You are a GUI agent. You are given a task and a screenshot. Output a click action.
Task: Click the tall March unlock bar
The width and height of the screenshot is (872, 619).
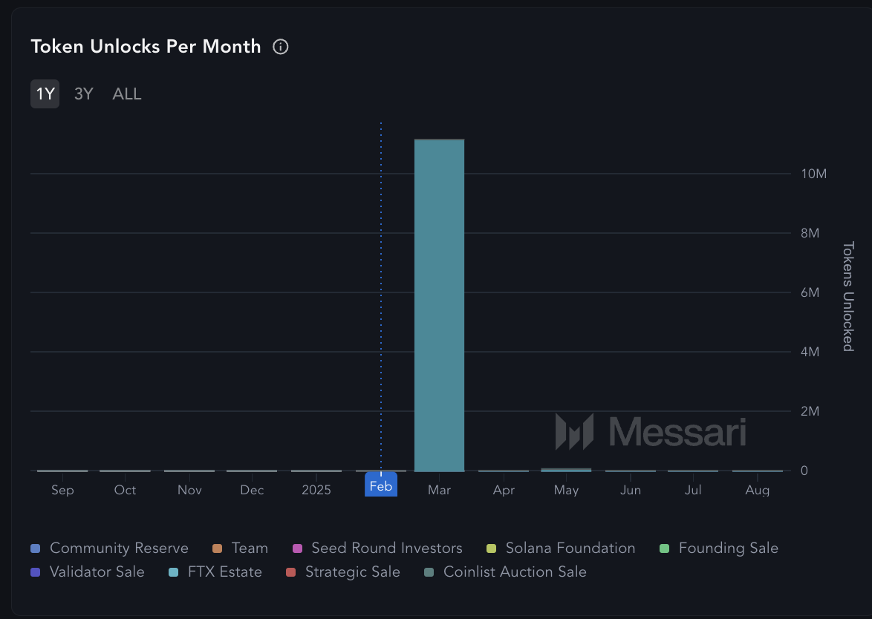tap(439, 304)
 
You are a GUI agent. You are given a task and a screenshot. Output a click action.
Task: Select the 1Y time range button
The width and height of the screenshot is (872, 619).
tap(45, 94)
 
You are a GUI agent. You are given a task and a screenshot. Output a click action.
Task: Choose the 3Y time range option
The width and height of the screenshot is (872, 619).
tap(84, 94)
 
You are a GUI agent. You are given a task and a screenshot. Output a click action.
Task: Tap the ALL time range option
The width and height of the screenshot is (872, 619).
tap(127, 94)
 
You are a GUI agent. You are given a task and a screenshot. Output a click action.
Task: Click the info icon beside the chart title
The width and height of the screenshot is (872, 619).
tap(281, 47)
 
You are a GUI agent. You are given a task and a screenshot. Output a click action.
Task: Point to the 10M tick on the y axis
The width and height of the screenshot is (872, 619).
tap(814, 174)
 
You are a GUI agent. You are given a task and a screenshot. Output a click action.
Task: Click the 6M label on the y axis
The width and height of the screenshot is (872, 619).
tap(809, 292)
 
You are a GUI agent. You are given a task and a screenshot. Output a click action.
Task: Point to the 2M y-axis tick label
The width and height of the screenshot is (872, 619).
tap(809, 411)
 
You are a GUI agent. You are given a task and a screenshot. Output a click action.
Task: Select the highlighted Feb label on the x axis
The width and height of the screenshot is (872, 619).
tap(381, 487)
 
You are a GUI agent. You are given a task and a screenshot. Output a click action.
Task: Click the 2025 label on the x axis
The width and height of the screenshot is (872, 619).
tap(316, 491)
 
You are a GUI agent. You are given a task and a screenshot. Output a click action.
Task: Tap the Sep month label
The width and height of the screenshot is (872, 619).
tap(62, 491)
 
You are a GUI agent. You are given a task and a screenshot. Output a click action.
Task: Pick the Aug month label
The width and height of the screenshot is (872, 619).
tap(758, 491)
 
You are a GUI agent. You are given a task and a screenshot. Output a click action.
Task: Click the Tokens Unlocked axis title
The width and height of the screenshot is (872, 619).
tap(847, 296)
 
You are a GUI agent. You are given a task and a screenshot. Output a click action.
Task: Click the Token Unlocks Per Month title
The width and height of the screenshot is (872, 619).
tap(146, 47)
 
